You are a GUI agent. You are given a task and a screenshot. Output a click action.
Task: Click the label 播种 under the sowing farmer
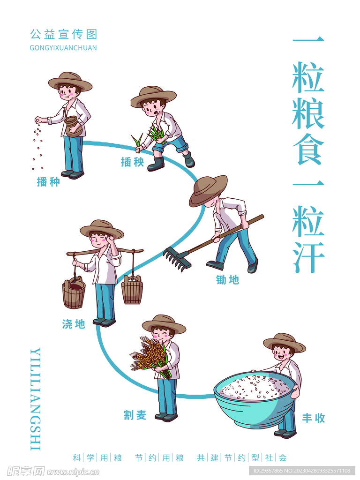pyautogui.click(x=48, y=182)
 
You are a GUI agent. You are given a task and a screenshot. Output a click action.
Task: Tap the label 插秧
pyautogui.click(x=132, y=162)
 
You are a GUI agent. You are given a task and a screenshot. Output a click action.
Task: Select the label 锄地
pyautogui.click(x=227, y=280)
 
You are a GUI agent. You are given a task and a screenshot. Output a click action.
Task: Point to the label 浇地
pyautogui.click(x=74, y=324)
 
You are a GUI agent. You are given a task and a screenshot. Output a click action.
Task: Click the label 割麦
pyautogui.click(x=135, y=415)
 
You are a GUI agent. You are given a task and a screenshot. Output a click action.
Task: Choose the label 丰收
pyautogui.click(x=314, y=418)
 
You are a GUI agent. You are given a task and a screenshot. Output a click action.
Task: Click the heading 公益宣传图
pyautogui.click(x=63, y=35)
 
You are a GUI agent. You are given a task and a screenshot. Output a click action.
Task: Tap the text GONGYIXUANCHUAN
pyautogui.click(x=63, y=48)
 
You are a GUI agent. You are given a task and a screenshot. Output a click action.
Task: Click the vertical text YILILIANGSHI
pyautogui.click(x=36, y=399)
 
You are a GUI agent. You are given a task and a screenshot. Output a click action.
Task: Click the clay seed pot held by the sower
pyautogui.click(x=73, y=127)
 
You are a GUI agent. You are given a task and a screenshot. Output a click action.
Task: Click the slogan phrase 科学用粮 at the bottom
pyautogui.click(x=97, y=457)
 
